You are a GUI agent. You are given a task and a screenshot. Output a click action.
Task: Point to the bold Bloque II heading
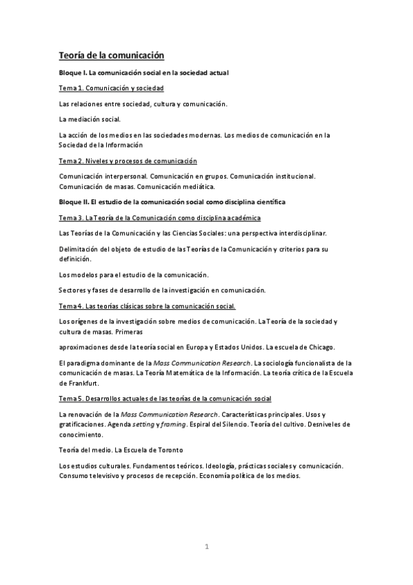pyautogui.click(x=172, y=201)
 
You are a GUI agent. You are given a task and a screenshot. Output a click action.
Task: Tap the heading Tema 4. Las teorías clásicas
pyautogui.click(x=147, y=306)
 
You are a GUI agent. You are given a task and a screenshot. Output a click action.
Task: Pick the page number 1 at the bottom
pyautogui.click(x=206, y=547)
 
